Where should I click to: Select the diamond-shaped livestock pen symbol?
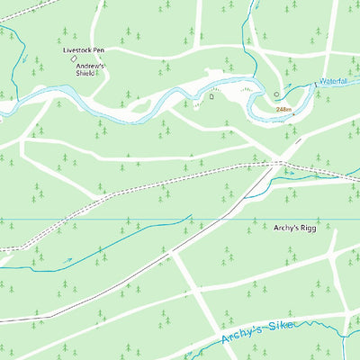(x=74, y=59)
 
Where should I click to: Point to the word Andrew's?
(x=90, y=67)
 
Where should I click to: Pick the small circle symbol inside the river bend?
(x=277, y=94)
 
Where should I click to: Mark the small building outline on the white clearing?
(x=212, y=94)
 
